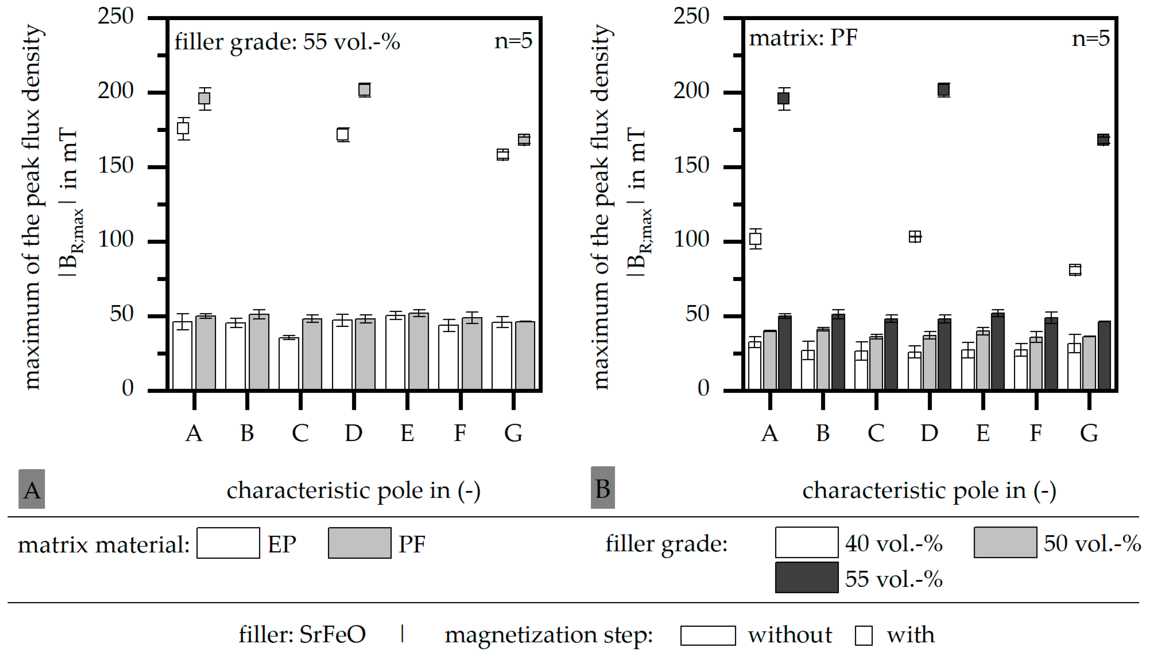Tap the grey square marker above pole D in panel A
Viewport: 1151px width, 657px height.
pyautogui.click(x=364, y=90)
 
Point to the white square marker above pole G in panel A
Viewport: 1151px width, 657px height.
pyautogui.click(x=502, y=155)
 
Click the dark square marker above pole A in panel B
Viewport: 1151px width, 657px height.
pyautogui.click(x=784, y=98)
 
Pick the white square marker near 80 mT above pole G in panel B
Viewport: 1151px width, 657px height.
pyautogui.click(x=1075, y=270)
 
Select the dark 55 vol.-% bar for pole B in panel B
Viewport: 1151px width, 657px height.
pyautogui.click(x=838, y=352)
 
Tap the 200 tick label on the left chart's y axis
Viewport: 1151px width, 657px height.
pyautogui.click(x=116, y=91)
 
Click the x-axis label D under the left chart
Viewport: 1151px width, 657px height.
pyautogui.click(x=353, y=434)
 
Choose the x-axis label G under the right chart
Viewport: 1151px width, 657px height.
pyautogui.click(x=1089, y=434)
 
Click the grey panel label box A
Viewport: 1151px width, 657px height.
pyautogui.click(x=32, y=489)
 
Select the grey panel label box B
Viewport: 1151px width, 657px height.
pyautogui.click(x=602, y=488)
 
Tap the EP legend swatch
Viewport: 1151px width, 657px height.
pyautogui.click(x=228, y=543)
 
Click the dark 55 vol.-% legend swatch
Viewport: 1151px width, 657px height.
pyautogui.click(x=807, y=577)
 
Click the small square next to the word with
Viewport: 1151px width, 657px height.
pyautogui.click(x=863, y=636)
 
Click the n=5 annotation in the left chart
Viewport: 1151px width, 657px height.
pyautogui.click(x=513, y=42)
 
